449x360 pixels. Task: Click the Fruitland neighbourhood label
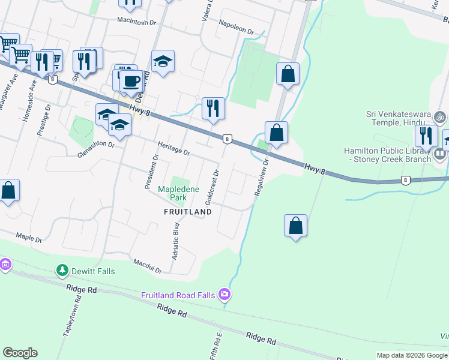[188, 212]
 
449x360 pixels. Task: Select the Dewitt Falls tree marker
[62, 271]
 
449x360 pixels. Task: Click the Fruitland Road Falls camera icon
[224, 294]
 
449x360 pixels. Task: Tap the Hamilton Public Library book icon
[440, 155]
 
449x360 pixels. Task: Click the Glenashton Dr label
[95, 148]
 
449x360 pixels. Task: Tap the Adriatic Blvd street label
[176, 240]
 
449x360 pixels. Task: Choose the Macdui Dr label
[148, 266]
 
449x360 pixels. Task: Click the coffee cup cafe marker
[131, 81]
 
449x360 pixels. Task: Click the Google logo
[20, 353]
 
